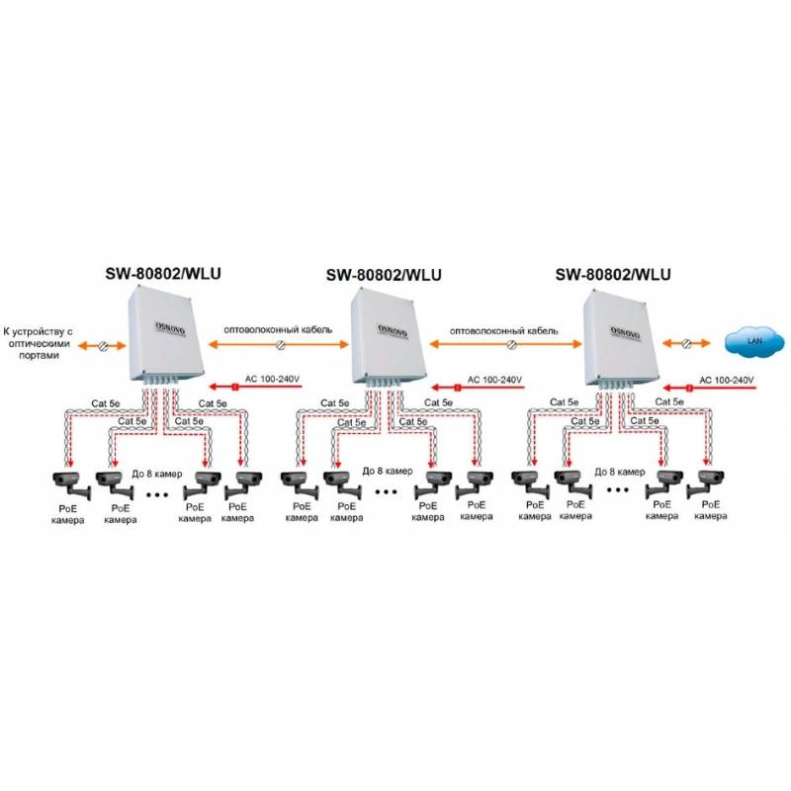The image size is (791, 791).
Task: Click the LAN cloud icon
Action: click(x=753, y=343)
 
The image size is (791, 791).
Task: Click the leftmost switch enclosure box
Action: click(x=163, y=333)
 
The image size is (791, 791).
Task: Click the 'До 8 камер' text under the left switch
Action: click(x=155, y=473)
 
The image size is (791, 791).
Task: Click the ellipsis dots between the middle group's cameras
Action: click(x=388, y=488)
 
